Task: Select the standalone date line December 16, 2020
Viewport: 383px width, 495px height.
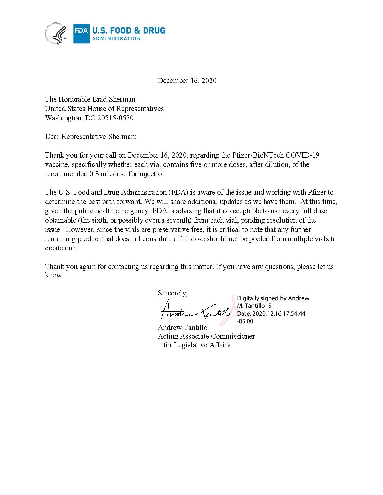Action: pos(187,81)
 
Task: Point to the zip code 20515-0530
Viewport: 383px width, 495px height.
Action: pos(115,118)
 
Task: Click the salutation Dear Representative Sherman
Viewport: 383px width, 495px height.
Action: pos(90,136)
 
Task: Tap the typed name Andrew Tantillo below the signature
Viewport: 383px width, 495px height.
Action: pos(182,327)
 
